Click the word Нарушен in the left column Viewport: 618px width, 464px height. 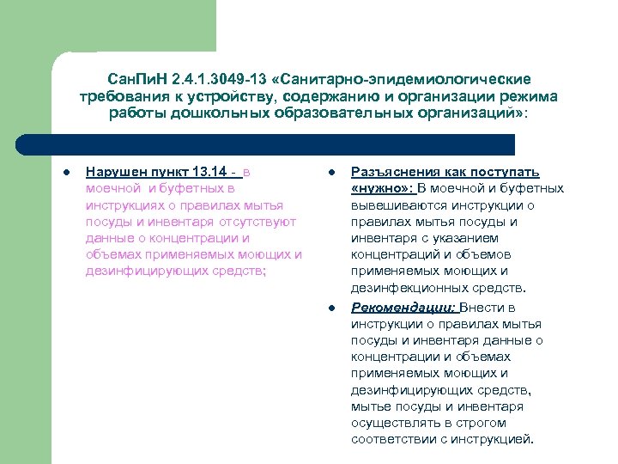115,172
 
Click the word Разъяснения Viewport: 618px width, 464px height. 396,172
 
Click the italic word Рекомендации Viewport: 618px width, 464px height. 403,307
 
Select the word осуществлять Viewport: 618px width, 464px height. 393,423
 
